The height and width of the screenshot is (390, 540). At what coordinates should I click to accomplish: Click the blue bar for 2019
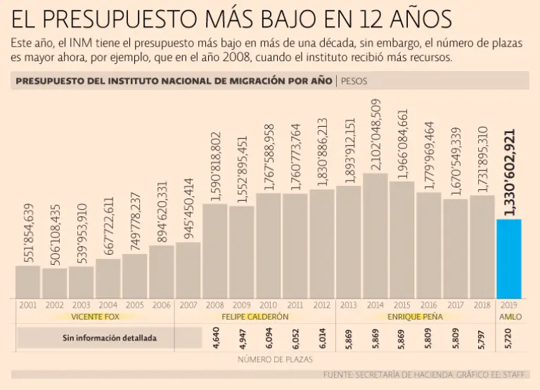coord(508,258)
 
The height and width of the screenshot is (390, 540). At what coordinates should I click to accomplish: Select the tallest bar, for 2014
coord(375,235)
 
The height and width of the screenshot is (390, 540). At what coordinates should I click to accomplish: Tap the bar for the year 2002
coord(55,282)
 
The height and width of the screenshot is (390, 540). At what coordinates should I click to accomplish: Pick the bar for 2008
coord(215,251)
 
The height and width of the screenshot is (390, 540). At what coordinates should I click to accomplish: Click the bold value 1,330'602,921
coord(510,172)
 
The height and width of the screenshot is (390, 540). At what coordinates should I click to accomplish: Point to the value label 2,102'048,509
coord(375,135)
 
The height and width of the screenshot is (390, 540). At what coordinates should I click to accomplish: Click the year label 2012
coord(321,305)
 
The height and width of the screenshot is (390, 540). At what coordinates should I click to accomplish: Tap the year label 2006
coord(161,305)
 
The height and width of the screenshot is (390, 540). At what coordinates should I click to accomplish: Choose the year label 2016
coord(428,305)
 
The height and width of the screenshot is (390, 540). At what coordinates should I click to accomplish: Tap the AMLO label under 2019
coord(509,317)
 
